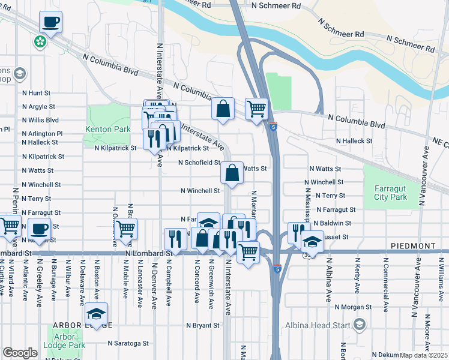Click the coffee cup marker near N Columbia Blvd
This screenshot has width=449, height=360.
[x=50, y=23]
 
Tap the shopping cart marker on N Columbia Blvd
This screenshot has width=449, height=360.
[x=256, y=109]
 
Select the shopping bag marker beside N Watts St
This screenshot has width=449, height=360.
[x=232, y=173]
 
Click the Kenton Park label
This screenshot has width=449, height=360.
[x=108, y=129]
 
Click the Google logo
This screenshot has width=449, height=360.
[x=20, y=353]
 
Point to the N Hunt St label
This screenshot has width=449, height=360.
[x=36, y=93]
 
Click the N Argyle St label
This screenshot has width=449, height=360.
[x=38, y=107]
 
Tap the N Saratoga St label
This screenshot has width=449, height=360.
[x=128, y=344]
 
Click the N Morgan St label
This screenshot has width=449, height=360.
[x=354, y=307]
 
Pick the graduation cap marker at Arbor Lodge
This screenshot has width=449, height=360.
[x=97, y=313]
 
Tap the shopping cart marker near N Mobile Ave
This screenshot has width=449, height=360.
[x=125, y=229]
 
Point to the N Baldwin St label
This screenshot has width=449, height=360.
[x=331, y=223]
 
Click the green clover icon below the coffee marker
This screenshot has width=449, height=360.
[x=40, y=42]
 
